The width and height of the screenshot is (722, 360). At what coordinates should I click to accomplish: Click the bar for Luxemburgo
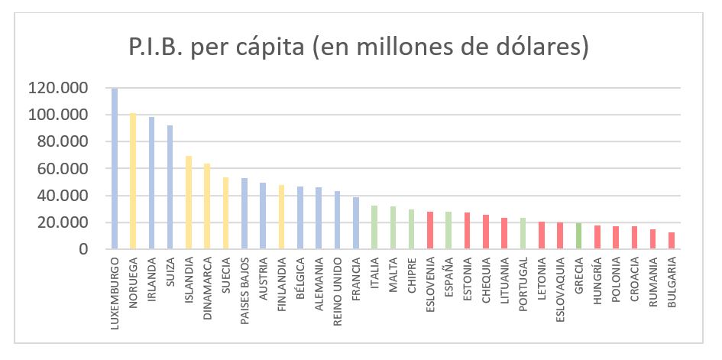[115, 169]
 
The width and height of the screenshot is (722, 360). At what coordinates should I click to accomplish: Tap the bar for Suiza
[170, 187]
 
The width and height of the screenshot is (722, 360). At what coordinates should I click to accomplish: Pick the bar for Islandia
[189, 203]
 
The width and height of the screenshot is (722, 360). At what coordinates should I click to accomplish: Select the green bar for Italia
[374, 227]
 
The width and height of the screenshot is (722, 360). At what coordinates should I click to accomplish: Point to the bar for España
[448, 231]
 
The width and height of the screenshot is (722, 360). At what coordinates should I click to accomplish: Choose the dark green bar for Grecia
[578, 236]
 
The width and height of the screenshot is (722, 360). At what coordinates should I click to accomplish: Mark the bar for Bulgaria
[671, 241]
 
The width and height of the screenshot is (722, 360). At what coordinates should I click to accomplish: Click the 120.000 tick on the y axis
[57, 88]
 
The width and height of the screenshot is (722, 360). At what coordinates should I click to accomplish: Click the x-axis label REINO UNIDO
[338, 287]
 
